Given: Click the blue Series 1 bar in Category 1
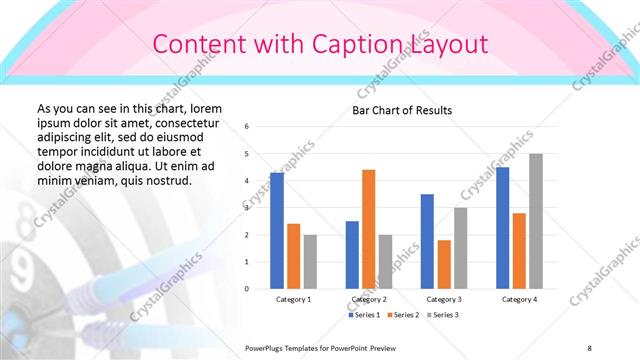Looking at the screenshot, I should (x=277, y=230).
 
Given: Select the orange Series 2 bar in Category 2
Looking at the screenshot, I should (x=368, y=229).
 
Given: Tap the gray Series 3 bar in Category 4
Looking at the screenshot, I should (x=536, y=221).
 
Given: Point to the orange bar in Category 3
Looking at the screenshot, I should (x=444, y=264).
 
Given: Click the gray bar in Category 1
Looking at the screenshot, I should (x=310, y=261).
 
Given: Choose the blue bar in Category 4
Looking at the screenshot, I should (x=502, y=227).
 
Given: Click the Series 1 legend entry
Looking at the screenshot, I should (x=364, y=315).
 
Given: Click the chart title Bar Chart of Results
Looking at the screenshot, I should (x=402, y=110).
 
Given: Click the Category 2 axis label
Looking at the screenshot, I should (x=369, y=299).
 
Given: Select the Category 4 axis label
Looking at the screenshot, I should (x=518, y=299).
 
